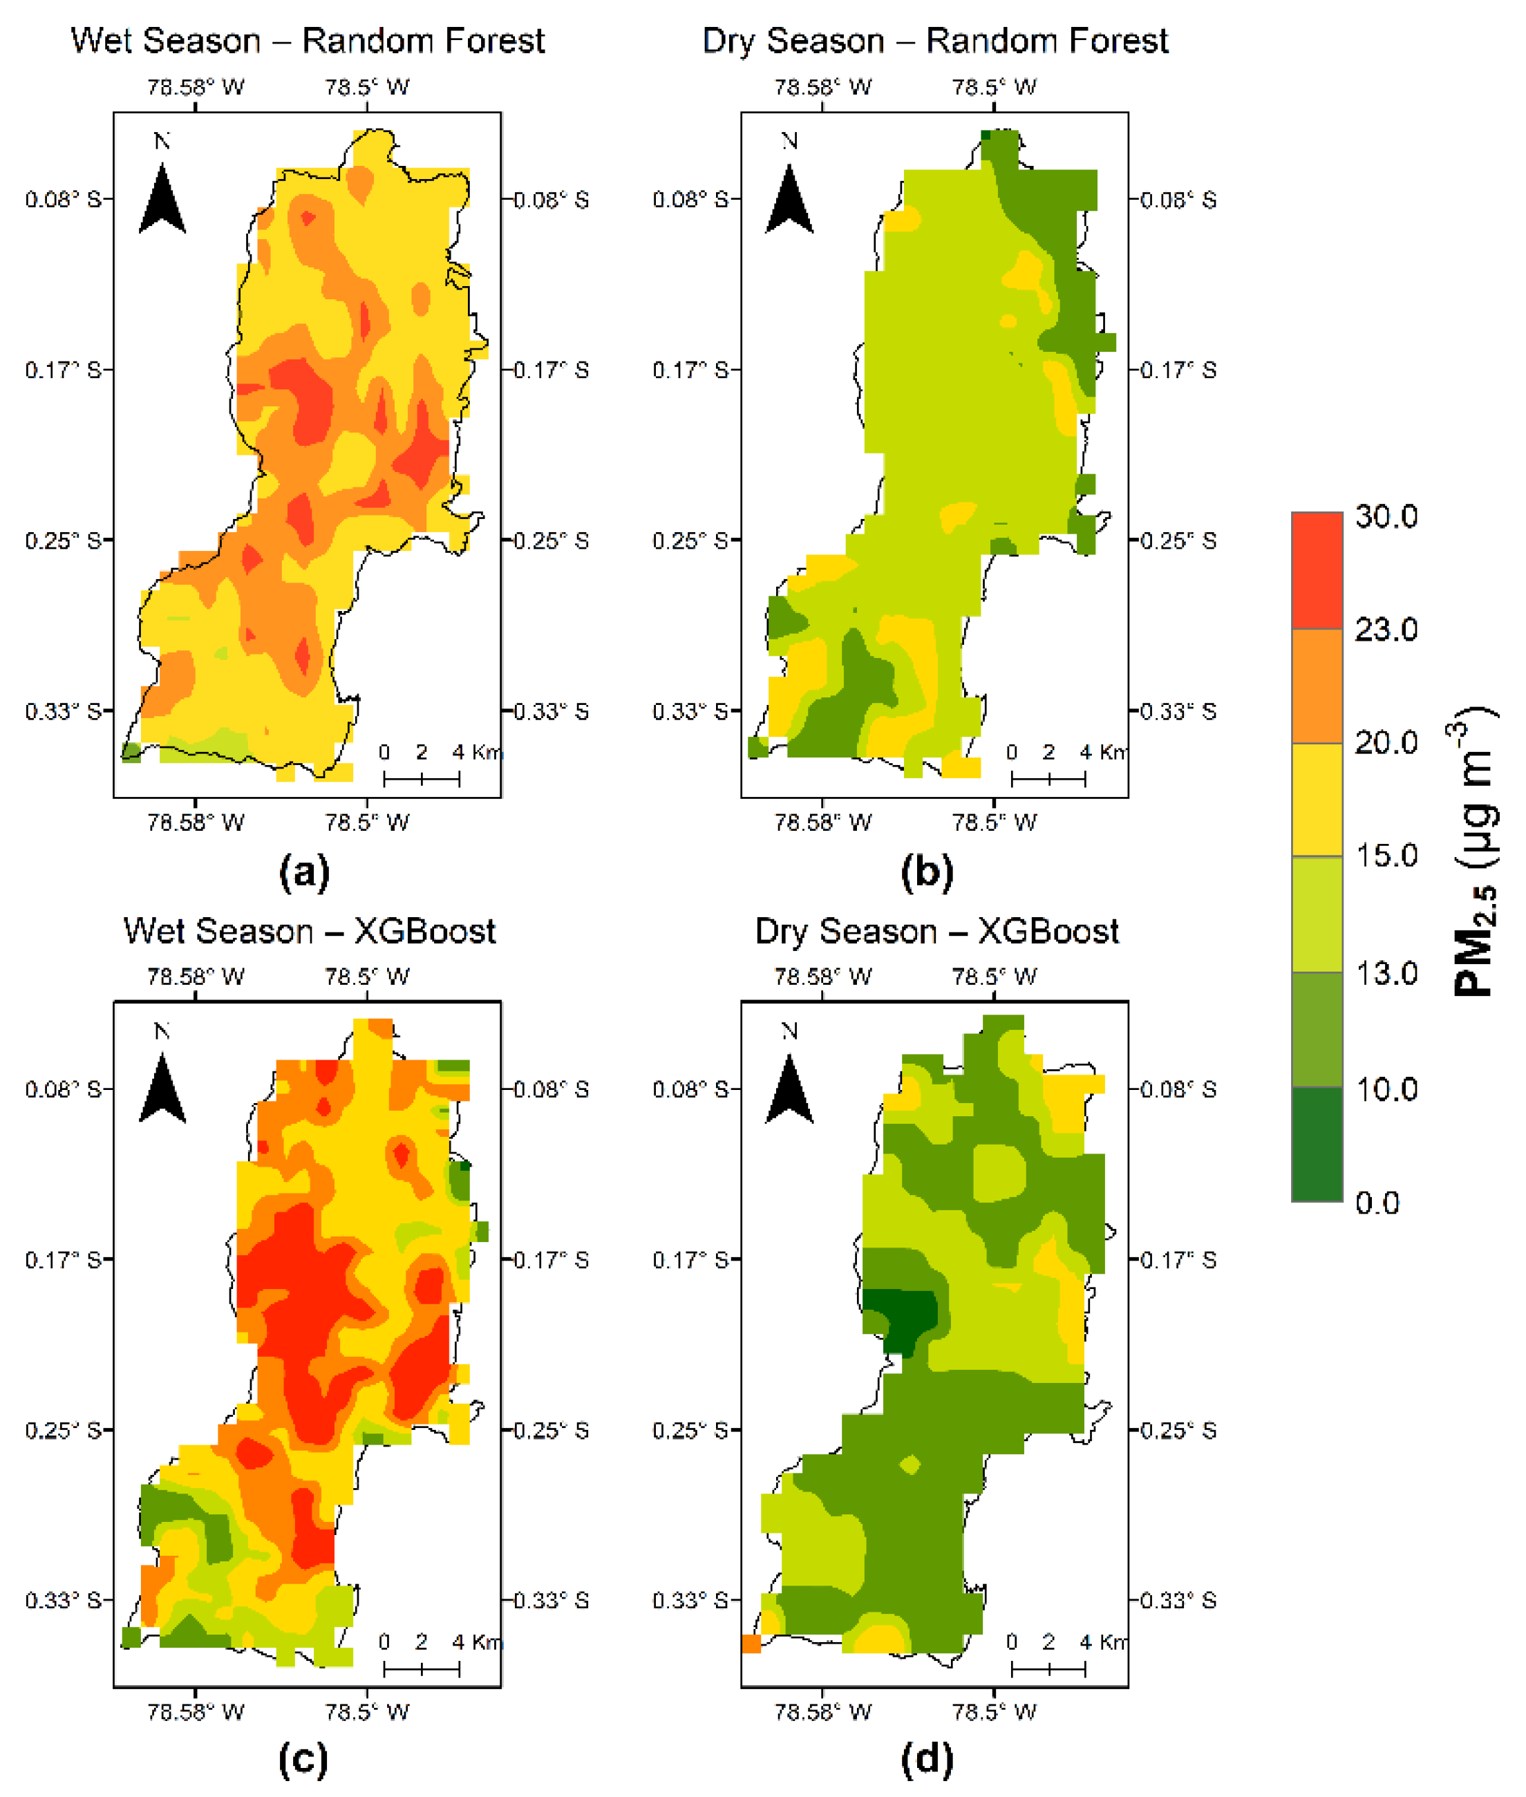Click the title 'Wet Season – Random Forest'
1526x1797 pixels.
coord(308,41)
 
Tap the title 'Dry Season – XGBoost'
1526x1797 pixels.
coord(937,932)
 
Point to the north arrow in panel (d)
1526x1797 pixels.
coord(789,1089)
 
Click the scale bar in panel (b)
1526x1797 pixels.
coord(1048,780)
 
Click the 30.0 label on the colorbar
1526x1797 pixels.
coord(1386,516)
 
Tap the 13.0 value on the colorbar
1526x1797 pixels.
coord(1386,973)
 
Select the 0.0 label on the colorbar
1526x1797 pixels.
coord(1377,1203)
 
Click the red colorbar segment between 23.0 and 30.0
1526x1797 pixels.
coord(1317,570)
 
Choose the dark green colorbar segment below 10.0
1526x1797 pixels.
coord(1317,1144)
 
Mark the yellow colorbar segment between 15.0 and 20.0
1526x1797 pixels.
coord(1317,800)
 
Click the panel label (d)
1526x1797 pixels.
coord(927,1760)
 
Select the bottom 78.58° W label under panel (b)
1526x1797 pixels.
coord(822,822)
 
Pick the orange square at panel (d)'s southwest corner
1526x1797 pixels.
coord(751,1643)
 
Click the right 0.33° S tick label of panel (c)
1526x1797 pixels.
coord(551,1601)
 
